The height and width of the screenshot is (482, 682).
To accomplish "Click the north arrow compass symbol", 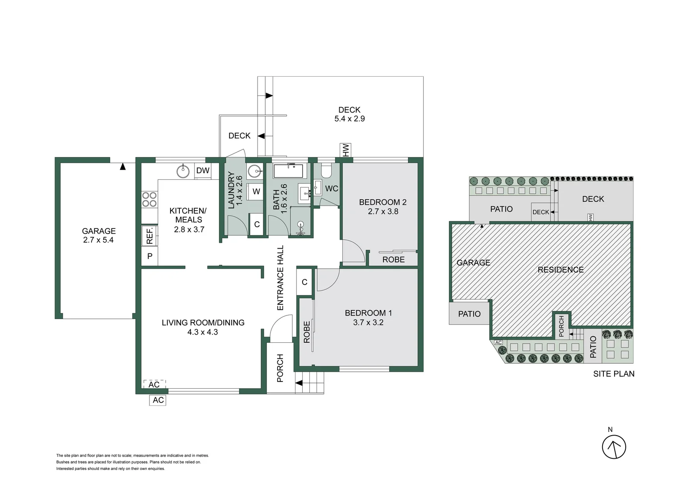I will coord(614,447).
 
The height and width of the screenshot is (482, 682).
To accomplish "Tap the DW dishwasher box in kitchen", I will coord(203,170).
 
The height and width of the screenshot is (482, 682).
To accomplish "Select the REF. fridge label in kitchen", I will coord(150,236).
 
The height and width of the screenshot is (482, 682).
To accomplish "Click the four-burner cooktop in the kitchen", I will coord(150,199).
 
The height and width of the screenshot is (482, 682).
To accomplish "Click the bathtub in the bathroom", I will coord(288,171).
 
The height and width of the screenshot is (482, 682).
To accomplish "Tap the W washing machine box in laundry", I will coord(256,191).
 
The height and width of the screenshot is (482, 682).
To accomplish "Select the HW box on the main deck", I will coord(345,150).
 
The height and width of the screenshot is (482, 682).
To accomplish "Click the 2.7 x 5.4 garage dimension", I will coord(98,240).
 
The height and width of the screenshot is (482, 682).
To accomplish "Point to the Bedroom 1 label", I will coord(368,313).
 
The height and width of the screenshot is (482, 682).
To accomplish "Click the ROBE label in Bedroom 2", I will coord(393,259).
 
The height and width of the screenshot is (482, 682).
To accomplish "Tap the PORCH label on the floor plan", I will coord(280,368).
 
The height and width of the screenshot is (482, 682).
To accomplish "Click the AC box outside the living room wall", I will coord(158,400).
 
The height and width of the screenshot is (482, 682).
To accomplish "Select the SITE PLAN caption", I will coord(613,374).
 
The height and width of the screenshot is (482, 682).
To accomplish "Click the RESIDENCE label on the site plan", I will coord(560,270).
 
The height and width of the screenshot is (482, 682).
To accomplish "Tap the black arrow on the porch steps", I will coord(299,383).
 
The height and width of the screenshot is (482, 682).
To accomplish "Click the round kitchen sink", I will coord(183,171).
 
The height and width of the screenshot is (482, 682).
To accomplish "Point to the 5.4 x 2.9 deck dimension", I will coord(349,119).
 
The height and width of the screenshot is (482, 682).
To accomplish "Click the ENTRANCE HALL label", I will coord(280,278).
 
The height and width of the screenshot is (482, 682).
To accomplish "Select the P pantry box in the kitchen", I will coord(150,256).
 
